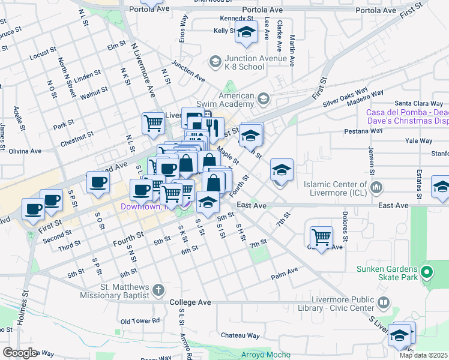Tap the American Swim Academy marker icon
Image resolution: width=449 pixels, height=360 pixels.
click(x=263, y=98)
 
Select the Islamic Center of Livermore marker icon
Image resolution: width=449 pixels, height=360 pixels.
click(x=376, y=188)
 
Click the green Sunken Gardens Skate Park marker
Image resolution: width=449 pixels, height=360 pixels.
click(x=427, y=273)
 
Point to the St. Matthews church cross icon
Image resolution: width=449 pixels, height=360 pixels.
click(x=158, y=290)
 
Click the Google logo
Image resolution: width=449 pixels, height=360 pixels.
click(x=20, y=353)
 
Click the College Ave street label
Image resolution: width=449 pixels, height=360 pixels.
click(x=190, y=302)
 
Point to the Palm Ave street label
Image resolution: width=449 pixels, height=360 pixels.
click(x=285, y=271)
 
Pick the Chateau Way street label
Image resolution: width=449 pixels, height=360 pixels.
click(x=240, y=335)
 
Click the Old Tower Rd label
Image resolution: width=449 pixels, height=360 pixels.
click(x=140, y=321)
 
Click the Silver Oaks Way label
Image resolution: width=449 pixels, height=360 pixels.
click(x=345, y=100)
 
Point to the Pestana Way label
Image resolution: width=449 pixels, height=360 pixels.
click(x=363, y=130)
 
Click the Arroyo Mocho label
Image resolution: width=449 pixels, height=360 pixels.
click(x=266, y=355)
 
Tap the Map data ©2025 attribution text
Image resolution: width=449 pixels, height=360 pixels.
click(x=424, y=355)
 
